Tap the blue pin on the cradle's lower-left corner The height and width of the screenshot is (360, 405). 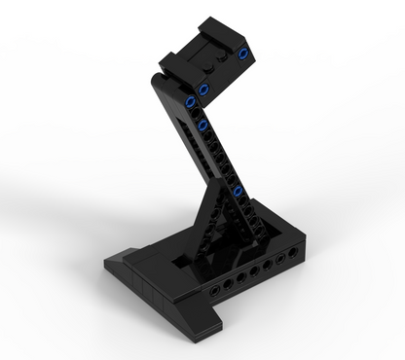tap(203, 90)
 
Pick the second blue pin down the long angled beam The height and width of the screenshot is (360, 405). tap(202, 126)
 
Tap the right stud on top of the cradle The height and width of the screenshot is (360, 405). tap(226, 60)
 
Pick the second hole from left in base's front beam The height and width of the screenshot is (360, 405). tap(228, 283)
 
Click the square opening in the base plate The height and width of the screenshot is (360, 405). tap(190, 261)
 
